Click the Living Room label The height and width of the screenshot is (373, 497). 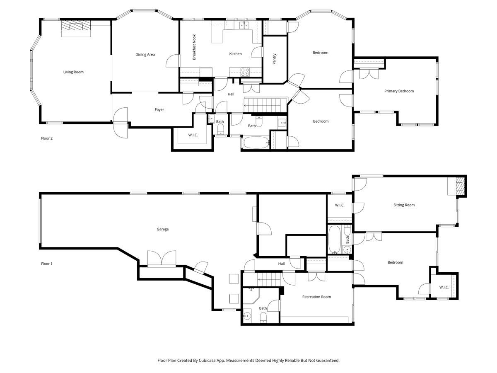(x=73, y=72)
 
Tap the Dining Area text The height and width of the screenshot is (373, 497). (x=145, y=54)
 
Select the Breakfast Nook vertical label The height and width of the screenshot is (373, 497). (x=194, y=47)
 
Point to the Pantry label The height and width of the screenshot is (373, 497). (x=274, y=59)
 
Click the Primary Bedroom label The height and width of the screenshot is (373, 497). (x=399, y=91)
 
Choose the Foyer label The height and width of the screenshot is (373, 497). (x=159, y=110)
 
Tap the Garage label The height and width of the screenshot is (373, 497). (x=162, y=229)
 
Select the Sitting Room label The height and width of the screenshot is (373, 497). (x=404, y=205)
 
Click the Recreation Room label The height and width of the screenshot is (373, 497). (x=316, y=297)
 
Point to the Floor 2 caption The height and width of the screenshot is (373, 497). (x=46, y=138)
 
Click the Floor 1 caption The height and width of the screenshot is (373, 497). (x=46, y=264)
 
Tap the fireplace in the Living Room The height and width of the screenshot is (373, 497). (x=76, y=27)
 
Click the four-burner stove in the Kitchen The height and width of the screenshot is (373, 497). (x=245, y=72)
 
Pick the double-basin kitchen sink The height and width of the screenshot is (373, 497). (x=243, y=25)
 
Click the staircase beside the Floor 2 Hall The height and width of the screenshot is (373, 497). (x=265, y=104)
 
